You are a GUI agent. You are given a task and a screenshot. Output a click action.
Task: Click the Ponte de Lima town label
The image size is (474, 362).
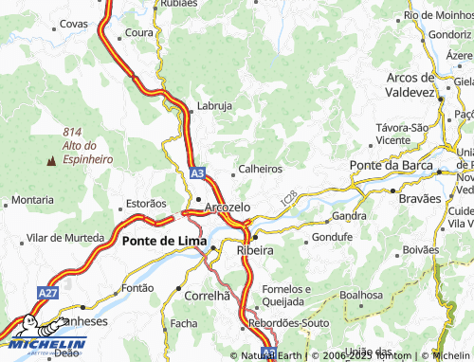pyautogui.click(x=161, y=242)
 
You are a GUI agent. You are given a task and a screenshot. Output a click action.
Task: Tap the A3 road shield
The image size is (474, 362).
pyautogui.click(x=196, y=174)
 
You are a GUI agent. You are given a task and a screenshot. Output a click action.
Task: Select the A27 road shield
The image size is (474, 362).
pyautogui.click(x=47, y=296)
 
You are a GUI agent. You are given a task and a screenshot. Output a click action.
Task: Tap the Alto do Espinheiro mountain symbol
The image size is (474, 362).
pyautogui.click(x=49, y=161)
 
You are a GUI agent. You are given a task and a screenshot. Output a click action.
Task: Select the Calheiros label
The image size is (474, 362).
pyautogui.click(x=261, y=169)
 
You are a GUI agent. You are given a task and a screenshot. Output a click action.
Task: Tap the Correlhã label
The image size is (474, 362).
pyautogui.click(x=209, y=296)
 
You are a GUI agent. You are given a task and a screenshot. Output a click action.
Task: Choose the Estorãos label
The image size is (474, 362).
pyautogui.click(x=146, y=203)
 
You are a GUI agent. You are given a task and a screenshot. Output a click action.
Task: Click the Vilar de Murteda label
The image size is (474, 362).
pyautogui.click(x=65, y=237)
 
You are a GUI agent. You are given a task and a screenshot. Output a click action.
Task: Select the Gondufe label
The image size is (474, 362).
pyautogui.click(x=332, y=236)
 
